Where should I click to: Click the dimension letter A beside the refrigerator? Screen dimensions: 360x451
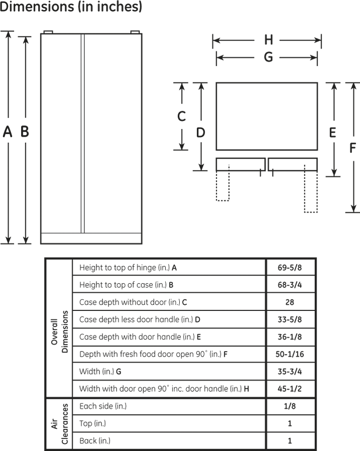[x=8, y=132]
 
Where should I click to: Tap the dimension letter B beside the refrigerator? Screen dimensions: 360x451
[x=25, y=131]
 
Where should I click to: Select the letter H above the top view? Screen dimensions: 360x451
[x=269, y=40]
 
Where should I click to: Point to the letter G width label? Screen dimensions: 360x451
[x=268, y=57]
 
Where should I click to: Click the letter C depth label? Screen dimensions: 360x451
[x=181, y=116]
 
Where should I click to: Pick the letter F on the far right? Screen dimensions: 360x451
[x=352, y=148]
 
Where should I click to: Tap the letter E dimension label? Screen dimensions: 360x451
[x=333, y=133]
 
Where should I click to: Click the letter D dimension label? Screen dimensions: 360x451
[x=201, y=133]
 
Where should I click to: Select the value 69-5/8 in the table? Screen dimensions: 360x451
[x=290, y=268]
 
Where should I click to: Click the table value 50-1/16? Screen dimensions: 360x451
[x=290, y=354]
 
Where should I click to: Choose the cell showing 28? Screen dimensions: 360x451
[x=290, y=302]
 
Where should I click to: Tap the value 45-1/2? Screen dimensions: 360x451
[x=290, y=389]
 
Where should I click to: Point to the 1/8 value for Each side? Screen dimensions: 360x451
[x=290, y=406]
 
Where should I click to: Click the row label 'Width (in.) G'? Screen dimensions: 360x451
[x=100, y=371]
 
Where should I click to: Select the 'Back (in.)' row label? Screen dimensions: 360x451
[x=95, y=440]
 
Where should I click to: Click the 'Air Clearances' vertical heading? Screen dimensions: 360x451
[x=60, y=424]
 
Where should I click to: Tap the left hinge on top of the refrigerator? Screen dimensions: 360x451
[x=48, y=32]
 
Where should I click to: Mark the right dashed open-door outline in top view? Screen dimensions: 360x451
[x=311, y=189]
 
